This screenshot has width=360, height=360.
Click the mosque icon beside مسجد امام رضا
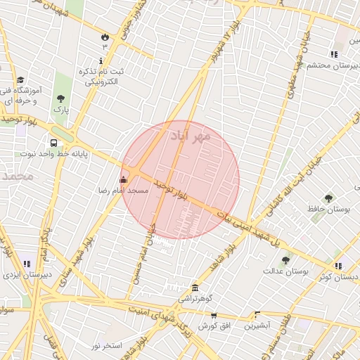coord(124,179)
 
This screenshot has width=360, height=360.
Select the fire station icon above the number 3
coord(105,35)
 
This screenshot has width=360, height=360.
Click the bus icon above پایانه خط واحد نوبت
coord(54,142)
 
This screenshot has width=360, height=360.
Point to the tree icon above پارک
coord(61,99)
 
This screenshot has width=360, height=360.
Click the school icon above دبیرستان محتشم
coord(334,54)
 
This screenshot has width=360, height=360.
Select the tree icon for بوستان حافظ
coord(328,198)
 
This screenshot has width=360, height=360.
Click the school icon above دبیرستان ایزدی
coord(26,264)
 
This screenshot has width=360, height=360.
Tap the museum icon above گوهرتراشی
coord(195,288)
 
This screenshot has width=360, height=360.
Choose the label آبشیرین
coord(257,326)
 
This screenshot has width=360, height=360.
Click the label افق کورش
coord(212,326)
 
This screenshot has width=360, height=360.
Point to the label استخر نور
coord(107,346)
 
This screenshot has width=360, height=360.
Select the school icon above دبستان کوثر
coord(339,266)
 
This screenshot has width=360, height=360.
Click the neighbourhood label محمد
coord(17,176)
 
